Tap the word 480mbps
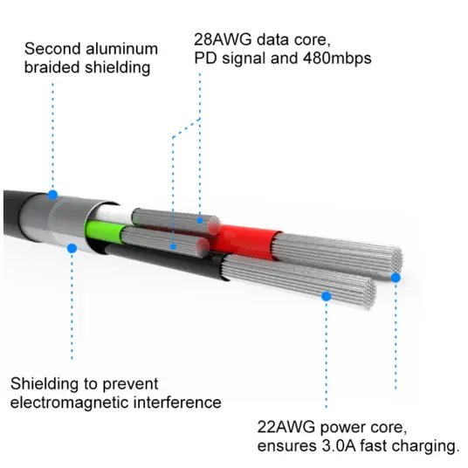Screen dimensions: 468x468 (x=337, y=58)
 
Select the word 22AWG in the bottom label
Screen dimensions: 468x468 (x=286, y=427)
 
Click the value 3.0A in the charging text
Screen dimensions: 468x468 (x=339, y=446)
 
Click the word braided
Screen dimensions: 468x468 (x=52, y=67)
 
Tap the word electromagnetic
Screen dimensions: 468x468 (x=70, y=403)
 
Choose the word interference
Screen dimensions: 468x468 (x=177, y=403)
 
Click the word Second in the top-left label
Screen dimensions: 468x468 (x=52, y=49)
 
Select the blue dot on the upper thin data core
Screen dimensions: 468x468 (x=200, y=221)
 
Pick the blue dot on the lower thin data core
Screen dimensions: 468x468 (x=173, y=247)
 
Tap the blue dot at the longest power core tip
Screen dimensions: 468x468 (x=396, y=278)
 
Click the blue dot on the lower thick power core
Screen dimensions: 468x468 (x=327, y=296)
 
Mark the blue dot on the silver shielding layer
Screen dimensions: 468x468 (x=72, y=248)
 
